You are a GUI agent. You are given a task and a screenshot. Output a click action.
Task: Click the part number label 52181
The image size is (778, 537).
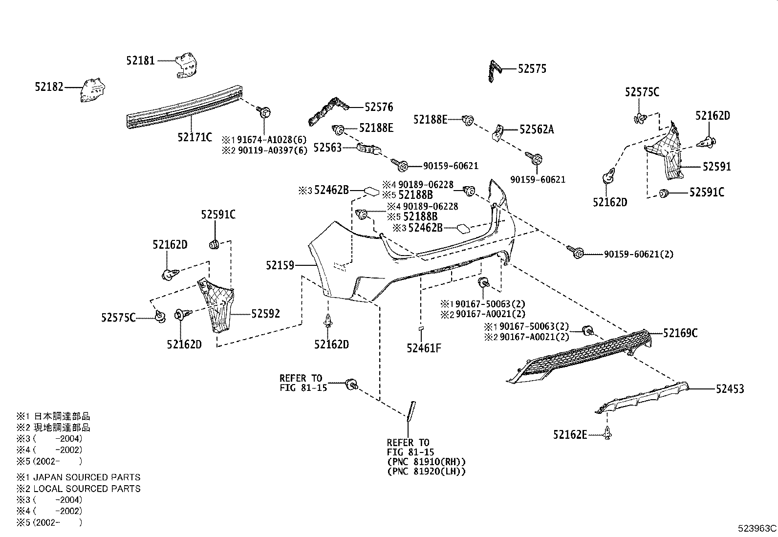[x=140, y=61]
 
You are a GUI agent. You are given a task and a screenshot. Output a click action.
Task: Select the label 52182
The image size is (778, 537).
[x=49, y=87]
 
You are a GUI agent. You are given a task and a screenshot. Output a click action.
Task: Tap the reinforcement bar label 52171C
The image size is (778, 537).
[x=195, y=137]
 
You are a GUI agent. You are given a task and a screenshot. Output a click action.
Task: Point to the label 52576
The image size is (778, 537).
[x=379, y=107]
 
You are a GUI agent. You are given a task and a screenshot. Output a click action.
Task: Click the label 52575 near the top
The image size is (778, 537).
[x=532, y=69]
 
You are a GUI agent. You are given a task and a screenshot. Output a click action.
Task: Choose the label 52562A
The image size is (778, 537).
[x=537, y=129]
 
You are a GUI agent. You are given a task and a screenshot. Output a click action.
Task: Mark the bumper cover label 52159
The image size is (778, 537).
[x=280, y=265]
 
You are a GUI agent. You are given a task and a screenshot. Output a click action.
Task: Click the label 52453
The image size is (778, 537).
[x=730, y=388]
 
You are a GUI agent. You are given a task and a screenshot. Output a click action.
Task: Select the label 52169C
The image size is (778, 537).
[x=680, y=333]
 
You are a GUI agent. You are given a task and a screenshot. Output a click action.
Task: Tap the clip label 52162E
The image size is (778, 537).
[x=570, y=434]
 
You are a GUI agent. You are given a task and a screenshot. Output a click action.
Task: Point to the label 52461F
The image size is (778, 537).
[x=424, y=348]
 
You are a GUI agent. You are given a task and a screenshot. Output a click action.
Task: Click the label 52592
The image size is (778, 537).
[x=266, y=314]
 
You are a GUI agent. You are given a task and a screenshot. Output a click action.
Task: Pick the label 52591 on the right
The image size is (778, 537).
[x=717, y=167]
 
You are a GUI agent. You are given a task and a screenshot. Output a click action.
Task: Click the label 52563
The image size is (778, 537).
[x=327, y=148]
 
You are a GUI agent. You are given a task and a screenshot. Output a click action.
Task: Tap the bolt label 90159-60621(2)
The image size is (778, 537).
[x=639, y=254]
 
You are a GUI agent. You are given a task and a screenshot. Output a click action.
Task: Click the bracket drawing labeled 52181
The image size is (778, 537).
[x=186, y=65]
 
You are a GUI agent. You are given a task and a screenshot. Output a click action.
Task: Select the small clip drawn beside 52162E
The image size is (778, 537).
[x=607, y=433]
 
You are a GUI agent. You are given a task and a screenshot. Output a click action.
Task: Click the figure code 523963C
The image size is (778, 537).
[x=757, y=528]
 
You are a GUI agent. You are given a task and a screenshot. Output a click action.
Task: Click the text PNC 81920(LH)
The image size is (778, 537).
[x=426, y=472]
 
